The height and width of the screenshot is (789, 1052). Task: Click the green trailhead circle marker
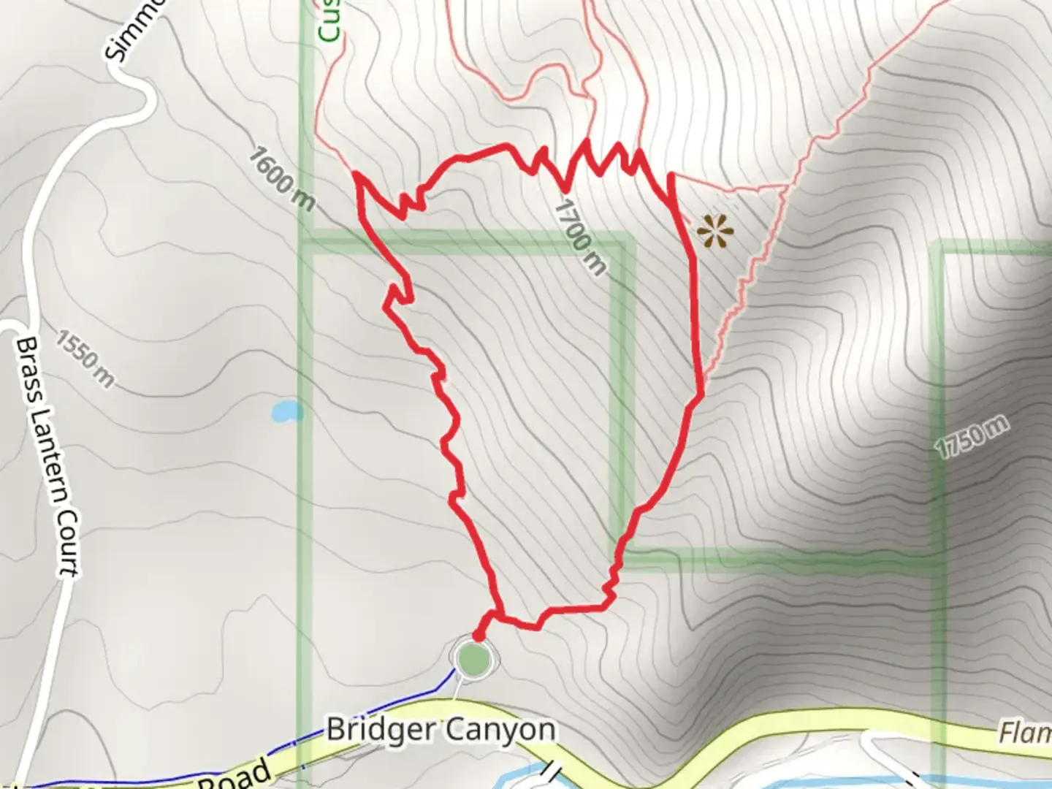[x=473, y=657]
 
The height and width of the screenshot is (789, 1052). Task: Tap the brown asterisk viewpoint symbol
[x=714, y=231]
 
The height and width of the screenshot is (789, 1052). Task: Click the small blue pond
[x=286, y=411]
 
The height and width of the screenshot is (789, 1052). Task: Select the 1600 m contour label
[x=281, y=178]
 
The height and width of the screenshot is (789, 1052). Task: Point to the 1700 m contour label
[x=580, y=237]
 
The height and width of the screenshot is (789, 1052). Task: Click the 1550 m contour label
[x=85, y=359]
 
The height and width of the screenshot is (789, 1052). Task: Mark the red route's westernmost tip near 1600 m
[x=356, y=174]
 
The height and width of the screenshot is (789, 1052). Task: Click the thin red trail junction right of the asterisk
[x=785, y=188]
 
